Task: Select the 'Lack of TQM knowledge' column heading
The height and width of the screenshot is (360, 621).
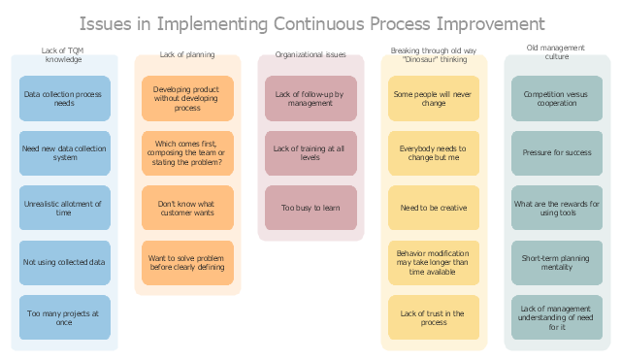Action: click(x=63, y=54)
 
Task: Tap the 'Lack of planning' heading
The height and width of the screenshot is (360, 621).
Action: click(x=187, y=54)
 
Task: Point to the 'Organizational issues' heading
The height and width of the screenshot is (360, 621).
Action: click(x=310, y=54)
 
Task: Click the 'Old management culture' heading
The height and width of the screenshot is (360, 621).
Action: click(x=556, y=51)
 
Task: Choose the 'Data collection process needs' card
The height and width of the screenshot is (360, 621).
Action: click(x=65, y=99)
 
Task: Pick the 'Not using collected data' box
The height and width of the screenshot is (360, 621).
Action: click(x=65, y=263)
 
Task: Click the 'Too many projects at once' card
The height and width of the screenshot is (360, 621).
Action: click(x=65, y=317)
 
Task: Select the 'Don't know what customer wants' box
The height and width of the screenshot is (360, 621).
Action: click(x=187, y=208)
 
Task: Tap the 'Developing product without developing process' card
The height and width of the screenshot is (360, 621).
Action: click(x=187, y=99)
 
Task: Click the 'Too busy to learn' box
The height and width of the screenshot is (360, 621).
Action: click(x=310, y=208)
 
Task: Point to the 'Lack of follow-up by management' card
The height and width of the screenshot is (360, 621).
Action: click(x=310, y=99)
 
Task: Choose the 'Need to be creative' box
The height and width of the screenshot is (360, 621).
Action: click(x=434, y=208)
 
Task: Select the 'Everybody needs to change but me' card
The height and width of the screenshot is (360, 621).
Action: click(x=434, y=153)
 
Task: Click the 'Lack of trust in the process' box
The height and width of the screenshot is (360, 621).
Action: click(x=434, y=317)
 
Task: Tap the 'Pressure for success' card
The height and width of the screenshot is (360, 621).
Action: click(x=557, y=153)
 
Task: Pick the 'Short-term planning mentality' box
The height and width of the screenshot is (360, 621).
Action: click(x=557, y=263)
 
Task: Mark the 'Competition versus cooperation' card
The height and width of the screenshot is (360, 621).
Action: click(x=557, y=99)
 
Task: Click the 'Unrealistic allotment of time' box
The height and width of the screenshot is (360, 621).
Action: click(x=65, y=208)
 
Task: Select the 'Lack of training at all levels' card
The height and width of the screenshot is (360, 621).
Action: click(x=310, y=153)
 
